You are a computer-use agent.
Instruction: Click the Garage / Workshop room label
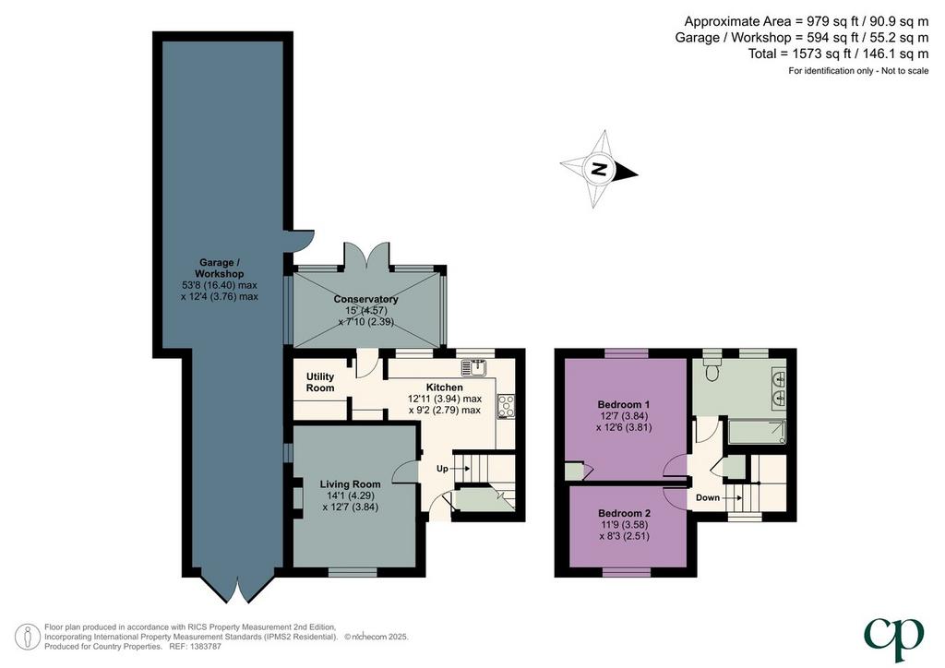point(220,268)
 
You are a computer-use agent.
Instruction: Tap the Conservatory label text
point(365,299)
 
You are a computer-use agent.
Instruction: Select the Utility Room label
point(320,382)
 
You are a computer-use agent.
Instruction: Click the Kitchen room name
point(445,388)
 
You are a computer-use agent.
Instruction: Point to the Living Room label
point(350,483)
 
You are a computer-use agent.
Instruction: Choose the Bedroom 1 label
point(624,404)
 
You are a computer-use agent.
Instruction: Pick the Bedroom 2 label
point(625,513)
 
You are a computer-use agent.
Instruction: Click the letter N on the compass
point(598,169)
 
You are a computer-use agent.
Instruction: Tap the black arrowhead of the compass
point(627,173)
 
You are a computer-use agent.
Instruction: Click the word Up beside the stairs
point(442,468)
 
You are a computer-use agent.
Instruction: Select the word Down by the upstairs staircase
point(708,497)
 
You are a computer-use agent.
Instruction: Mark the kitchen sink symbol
point(477,367)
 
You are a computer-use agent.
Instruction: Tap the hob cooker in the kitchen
point(507,406)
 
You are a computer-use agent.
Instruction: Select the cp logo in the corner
point(894,638)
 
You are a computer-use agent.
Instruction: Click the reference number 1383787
point(205,646)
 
